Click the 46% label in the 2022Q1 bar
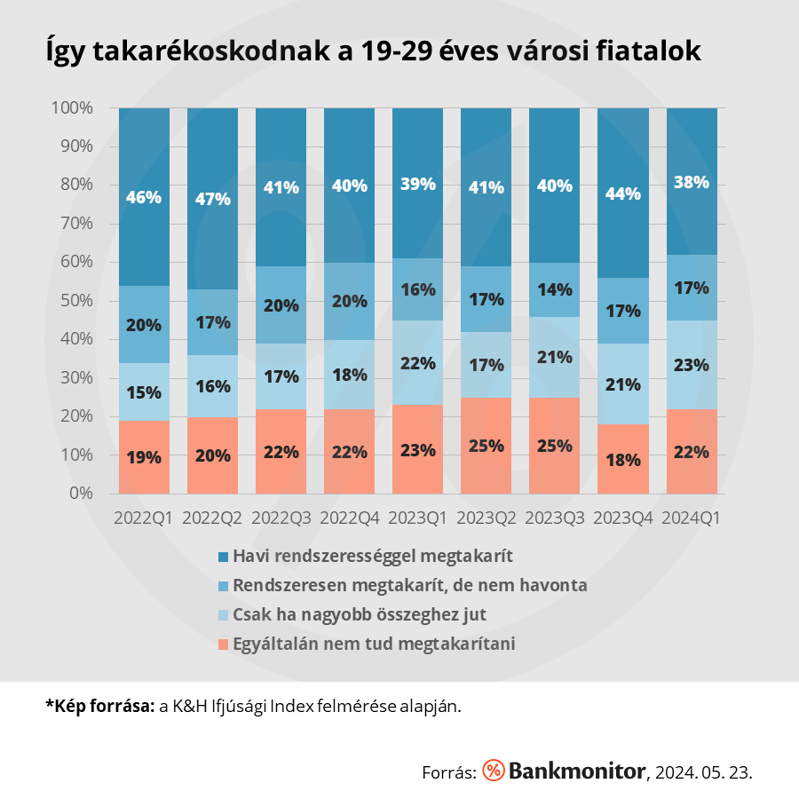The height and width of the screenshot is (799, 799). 144,197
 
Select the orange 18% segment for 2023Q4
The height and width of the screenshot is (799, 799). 623,459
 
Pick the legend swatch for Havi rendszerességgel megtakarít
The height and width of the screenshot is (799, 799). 223,558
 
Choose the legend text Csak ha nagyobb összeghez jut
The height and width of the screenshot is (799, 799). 360,614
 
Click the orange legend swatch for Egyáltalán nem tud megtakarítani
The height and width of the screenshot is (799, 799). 223,644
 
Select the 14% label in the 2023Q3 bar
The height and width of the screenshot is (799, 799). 555,289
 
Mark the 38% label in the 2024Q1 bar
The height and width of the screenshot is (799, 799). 692,182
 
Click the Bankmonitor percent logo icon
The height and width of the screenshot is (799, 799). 494,771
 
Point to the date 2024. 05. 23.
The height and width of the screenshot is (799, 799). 703,771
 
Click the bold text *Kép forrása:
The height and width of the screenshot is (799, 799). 99,707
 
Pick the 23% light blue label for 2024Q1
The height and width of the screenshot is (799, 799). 692,364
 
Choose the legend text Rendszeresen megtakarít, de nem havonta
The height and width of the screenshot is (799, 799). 410,586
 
